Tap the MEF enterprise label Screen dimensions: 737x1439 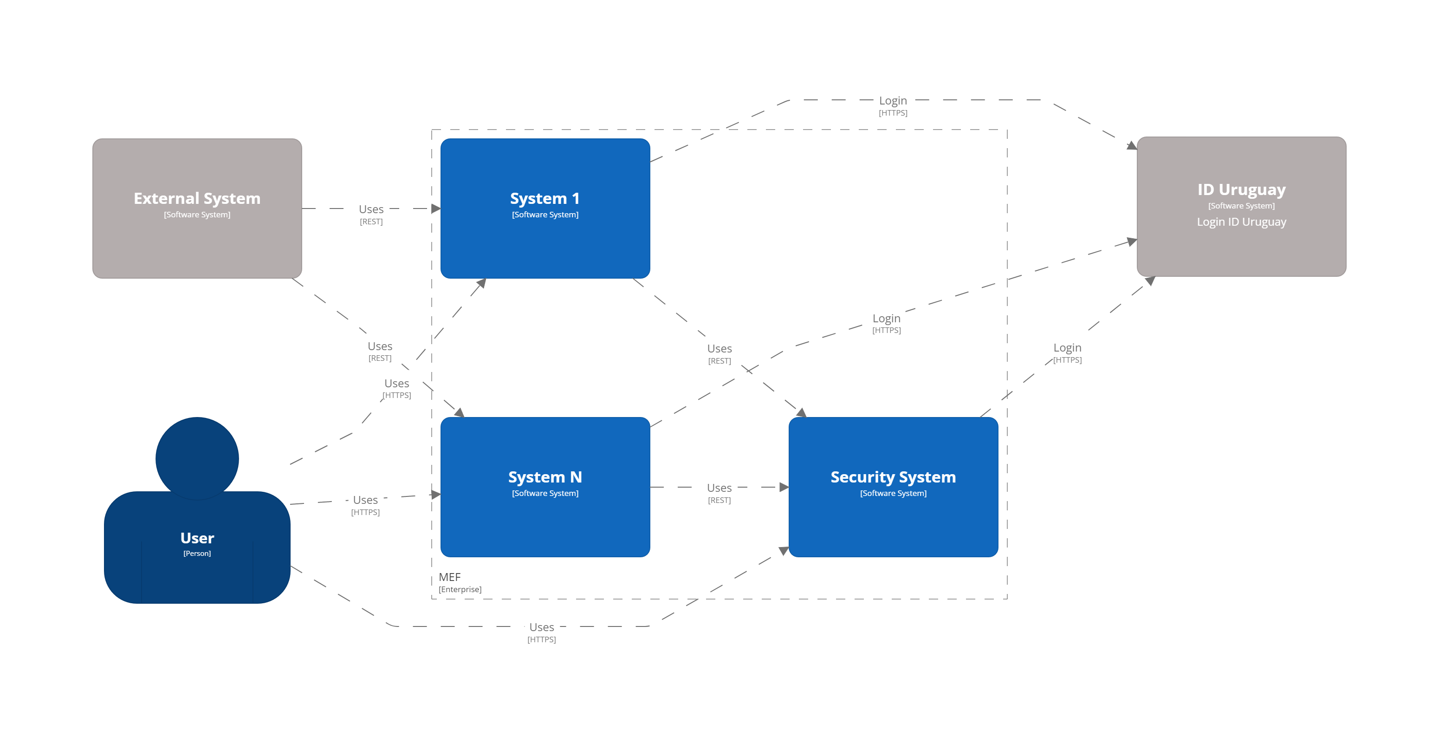click(450, 577)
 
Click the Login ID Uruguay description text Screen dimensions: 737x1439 click(1241, 222)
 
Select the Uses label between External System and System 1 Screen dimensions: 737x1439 click(371, 209)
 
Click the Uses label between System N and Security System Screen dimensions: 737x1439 click(719, 488)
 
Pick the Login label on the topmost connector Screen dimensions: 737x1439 click(893, 101)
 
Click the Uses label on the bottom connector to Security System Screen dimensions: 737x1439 click(541, 627)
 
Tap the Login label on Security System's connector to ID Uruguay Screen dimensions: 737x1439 click(1067, 347)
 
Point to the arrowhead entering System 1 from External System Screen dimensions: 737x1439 click(436, 209)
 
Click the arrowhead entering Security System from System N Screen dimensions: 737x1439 click(784, 487)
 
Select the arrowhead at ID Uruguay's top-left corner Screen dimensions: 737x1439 click(1132, 146)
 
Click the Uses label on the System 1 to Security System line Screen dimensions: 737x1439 click(719, 349)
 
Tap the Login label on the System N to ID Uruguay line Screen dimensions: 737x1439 click(886, 318)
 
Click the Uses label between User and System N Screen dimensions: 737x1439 click(365, 500)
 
